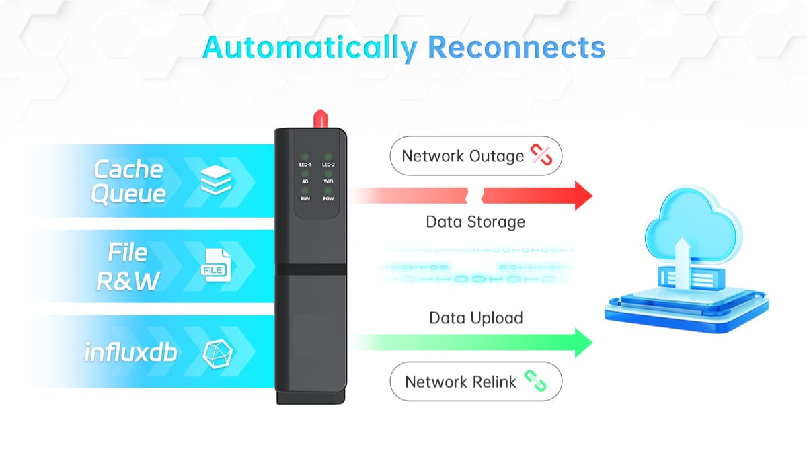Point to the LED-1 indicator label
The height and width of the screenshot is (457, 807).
(305, 165)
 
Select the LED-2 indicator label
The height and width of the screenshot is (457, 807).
(328, 165)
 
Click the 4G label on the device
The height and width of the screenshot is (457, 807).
(305, 182)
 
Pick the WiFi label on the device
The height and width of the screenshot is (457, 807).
(328, 182)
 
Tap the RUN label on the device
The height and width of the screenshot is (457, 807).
(305, 199)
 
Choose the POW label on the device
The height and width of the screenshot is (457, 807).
(328, 199)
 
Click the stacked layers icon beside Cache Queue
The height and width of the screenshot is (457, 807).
(216, 180)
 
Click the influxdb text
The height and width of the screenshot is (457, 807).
(130, 351)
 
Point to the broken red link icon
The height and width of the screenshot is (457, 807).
(541, 155)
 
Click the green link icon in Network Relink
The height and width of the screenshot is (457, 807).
(535, 382)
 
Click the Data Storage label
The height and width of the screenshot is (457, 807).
(475, 222)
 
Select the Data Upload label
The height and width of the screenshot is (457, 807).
(475, 318)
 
